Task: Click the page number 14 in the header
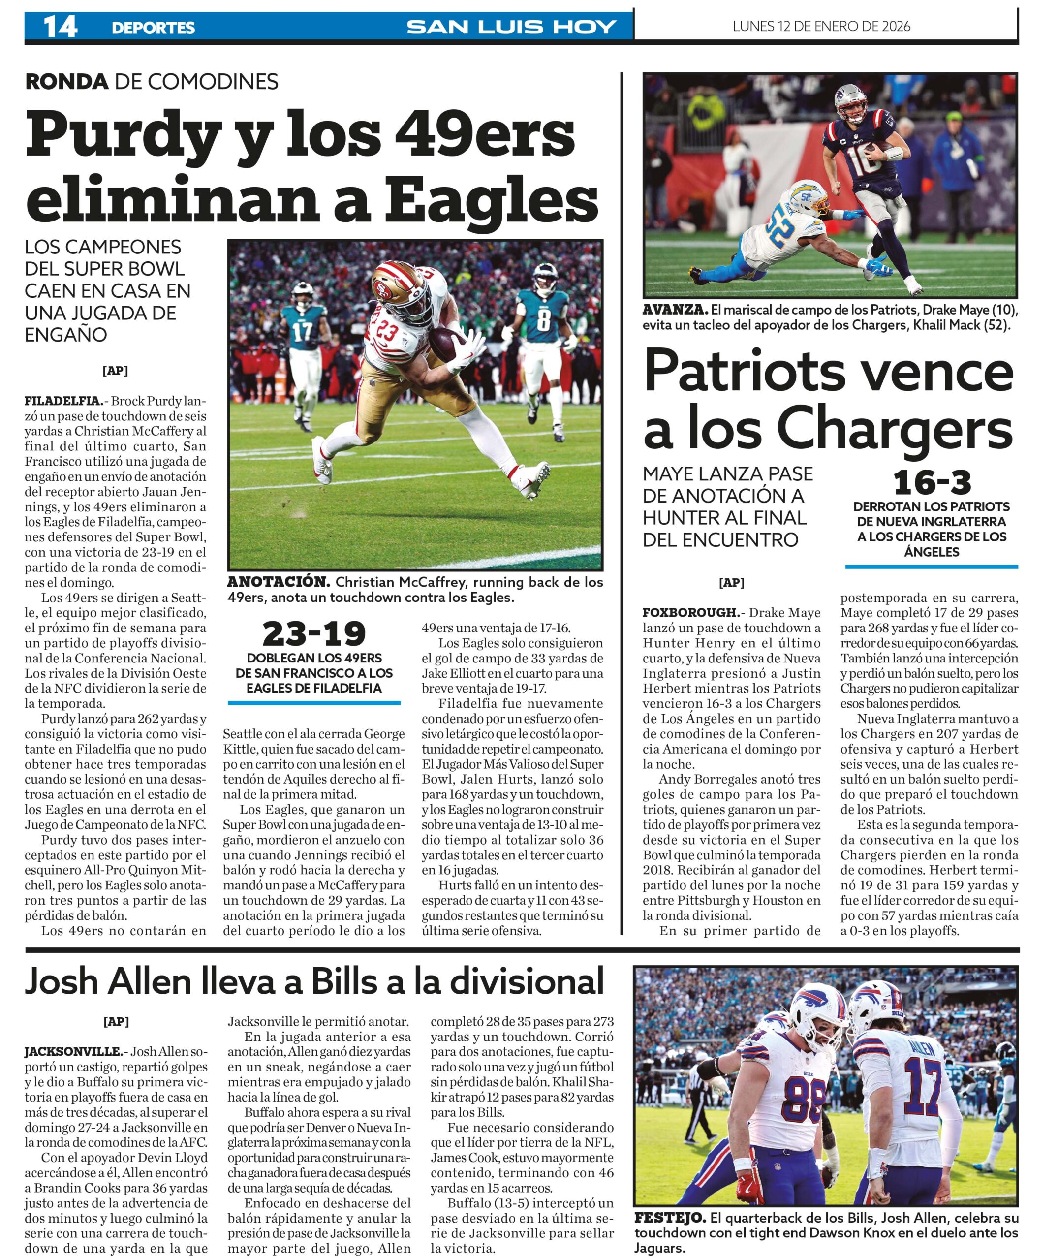click(60, 27)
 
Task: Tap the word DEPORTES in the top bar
click(153, 28)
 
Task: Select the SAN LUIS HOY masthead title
click(511, 27)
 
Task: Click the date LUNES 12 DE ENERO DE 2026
click(821, 26)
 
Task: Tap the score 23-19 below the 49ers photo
click(313, 633)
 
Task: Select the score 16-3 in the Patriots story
click(932, 482)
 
